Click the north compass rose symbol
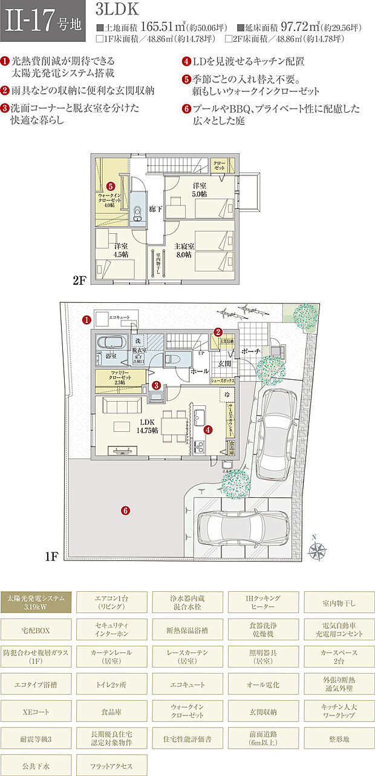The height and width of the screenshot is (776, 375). tap(316, 549)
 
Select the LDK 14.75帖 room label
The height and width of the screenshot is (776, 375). tap(146, 426)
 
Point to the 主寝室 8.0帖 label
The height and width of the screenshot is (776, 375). tap(184, 251)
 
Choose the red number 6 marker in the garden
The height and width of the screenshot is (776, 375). tap(125, 510)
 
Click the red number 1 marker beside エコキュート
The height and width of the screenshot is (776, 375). tap(86, 319)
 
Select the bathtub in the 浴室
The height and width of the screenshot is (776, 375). tap(109, 343)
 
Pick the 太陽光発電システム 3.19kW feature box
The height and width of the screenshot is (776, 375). tap(36, 602)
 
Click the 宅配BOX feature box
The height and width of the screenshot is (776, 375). tap(36, 631)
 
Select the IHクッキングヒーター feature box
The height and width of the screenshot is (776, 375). tap(263, 602)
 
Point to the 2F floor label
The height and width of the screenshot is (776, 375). tap(81, 281)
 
